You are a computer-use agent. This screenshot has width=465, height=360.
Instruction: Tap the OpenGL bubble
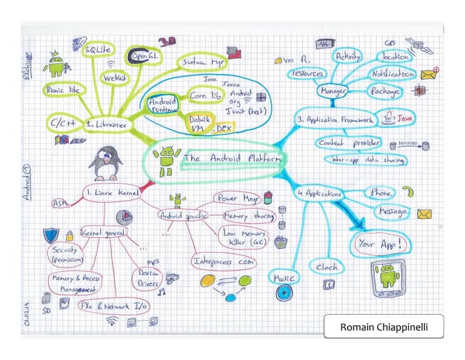pyautogui.click(x=142, y=55)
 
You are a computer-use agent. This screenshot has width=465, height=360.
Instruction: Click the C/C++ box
pyautogui.click(x=64, y=121)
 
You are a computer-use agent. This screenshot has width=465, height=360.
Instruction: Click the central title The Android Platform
pyautogui.click(x=231, y=158)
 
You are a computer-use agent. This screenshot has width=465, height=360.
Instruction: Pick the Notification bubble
pyautogui.click(x=392, y=74)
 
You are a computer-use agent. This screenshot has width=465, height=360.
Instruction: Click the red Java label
pyautogui.click(x=405, y=117)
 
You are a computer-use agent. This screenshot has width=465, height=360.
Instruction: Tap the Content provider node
pyautogui.click(x=349, y=143)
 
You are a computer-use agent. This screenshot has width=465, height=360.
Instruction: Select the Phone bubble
pyautogui.click(x=380, y=193)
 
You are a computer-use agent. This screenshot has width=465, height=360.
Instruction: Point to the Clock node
pyautogui.click(x=327, y=267)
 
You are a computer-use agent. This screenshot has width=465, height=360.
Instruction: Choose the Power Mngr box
pyautogui.click(x=236, y=197)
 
